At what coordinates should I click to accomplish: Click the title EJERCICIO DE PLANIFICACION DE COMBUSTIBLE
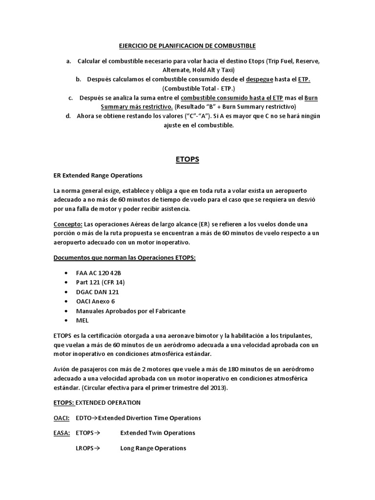[187, 46]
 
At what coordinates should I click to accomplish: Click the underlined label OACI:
[61, 418]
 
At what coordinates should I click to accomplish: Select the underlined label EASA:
[61, 433]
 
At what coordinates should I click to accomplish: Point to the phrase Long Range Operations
[153, 448]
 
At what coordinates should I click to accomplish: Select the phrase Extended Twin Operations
[158, 433]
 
